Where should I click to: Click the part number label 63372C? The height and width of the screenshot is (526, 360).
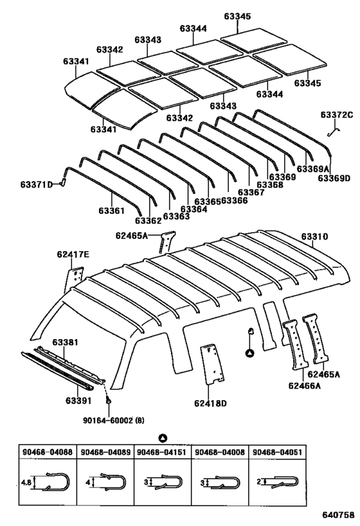tap(337, 115)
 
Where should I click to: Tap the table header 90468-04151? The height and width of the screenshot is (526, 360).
tap(162, 452)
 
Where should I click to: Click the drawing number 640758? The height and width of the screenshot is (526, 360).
tap(337, 514)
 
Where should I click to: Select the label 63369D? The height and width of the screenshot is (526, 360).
tap(333, 178)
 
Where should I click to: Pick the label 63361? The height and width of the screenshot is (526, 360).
tap(111, 211)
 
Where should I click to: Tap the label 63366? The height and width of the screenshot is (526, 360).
tap(234, 200)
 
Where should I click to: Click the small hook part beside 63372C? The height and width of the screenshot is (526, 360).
tap(333, 132)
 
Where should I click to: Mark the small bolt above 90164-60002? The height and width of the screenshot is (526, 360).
tap(109, 401)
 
